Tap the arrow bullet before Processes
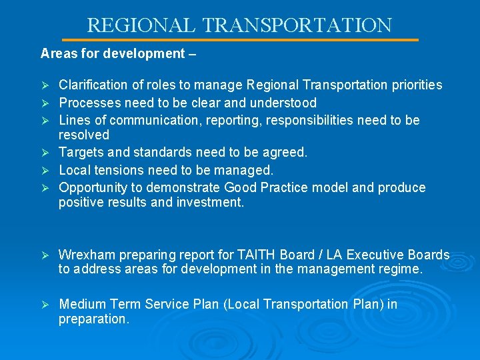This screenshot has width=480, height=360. [45, 103]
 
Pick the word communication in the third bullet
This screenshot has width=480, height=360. [155, 120]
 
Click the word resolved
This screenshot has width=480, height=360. [83, 135]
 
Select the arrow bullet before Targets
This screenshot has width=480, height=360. [45, 153]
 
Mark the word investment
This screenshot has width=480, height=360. [210, 202]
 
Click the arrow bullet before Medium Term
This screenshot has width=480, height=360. [45, 305]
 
